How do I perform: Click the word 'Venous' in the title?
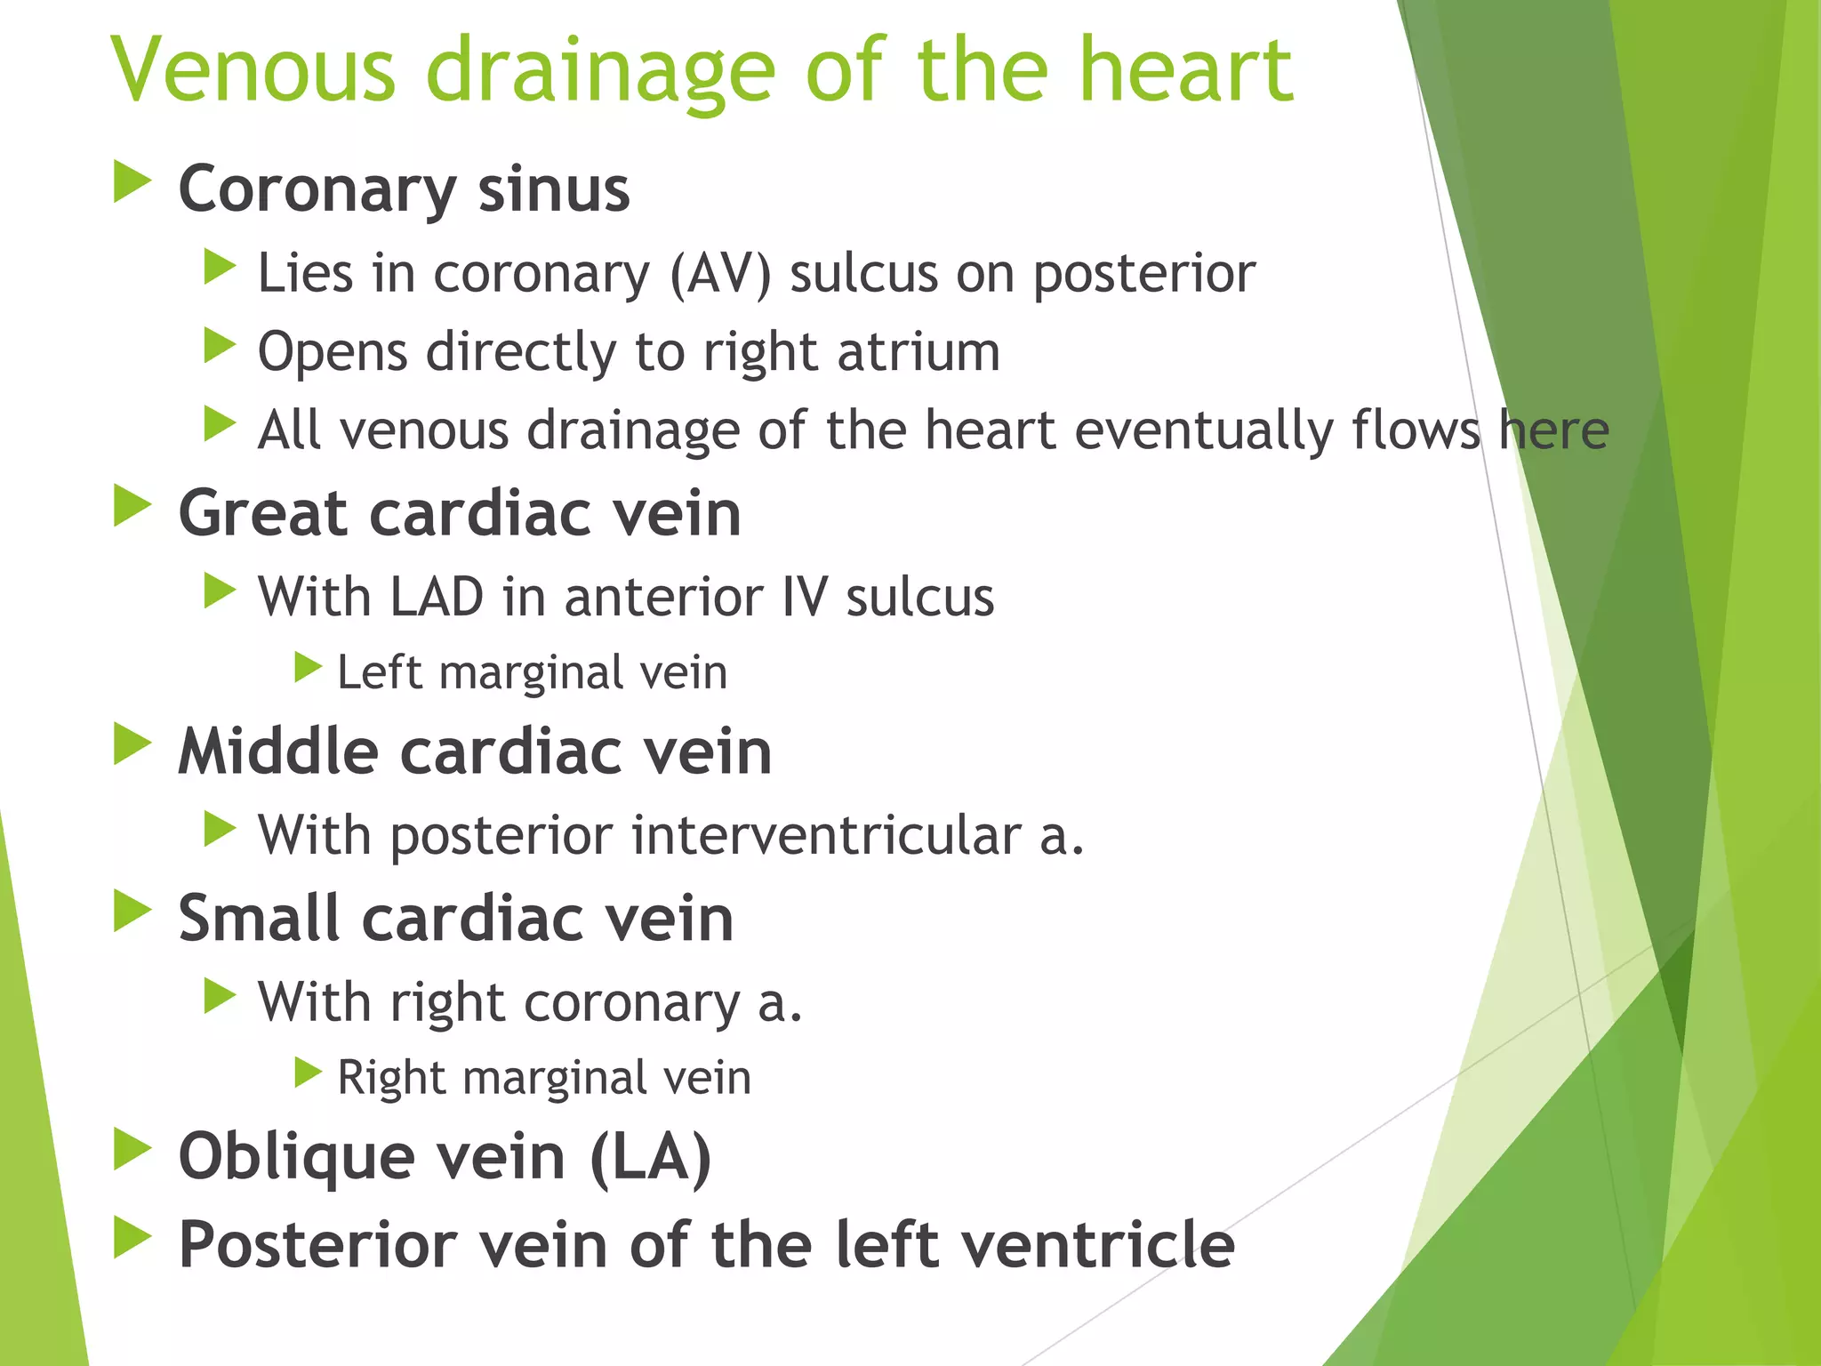point(253,70)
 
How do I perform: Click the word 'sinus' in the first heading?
point(553,189)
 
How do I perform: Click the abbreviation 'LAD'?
point(437,597)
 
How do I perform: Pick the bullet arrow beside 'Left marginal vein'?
point(308,667)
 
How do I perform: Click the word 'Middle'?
point(278,752)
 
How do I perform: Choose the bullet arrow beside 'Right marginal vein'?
point(308,1073)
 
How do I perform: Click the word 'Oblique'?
point(297,1157)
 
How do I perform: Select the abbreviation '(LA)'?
point(650,1157)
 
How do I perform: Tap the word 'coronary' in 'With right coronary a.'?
point(631,1003)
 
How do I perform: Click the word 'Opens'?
point(333,353)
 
